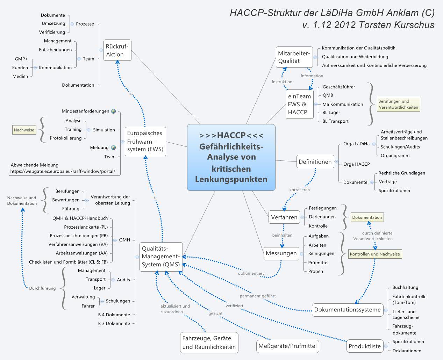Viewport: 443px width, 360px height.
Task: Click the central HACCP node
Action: point(231,157)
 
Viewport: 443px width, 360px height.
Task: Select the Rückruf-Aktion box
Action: point(118,50)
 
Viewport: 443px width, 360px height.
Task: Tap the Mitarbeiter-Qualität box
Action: point(294,57)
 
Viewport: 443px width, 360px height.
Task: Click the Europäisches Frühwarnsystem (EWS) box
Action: point(145,141)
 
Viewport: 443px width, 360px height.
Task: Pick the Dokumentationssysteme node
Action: point(347,310)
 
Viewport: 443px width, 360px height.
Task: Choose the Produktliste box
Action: point(364,346)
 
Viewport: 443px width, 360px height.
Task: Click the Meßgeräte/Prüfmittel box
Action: point(287,346)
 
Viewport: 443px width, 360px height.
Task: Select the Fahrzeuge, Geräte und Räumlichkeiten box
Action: point(209,343)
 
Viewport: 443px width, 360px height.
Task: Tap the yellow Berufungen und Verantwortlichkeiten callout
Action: point(398,105)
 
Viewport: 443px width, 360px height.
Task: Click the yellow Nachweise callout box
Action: point(24,130)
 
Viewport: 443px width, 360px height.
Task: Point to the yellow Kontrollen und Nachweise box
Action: point(375,254)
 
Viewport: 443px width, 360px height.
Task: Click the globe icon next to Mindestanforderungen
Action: point(114,111)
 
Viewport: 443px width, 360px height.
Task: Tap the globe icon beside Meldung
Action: point(114,147)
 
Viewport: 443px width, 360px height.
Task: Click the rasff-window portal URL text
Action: point(63,172)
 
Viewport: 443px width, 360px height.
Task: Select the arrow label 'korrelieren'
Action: point(299,190)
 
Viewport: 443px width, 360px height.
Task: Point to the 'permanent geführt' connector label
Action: point(258,296)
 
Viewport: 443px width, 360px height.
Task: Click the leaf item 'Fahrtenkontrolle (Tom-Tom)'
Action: point(409,299)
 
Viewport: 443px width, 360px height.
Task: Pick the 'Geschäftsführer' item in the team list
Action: point(338,87)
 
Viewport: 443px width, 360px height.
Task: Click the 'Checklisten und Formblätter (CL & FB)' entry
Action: point(68,262)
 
